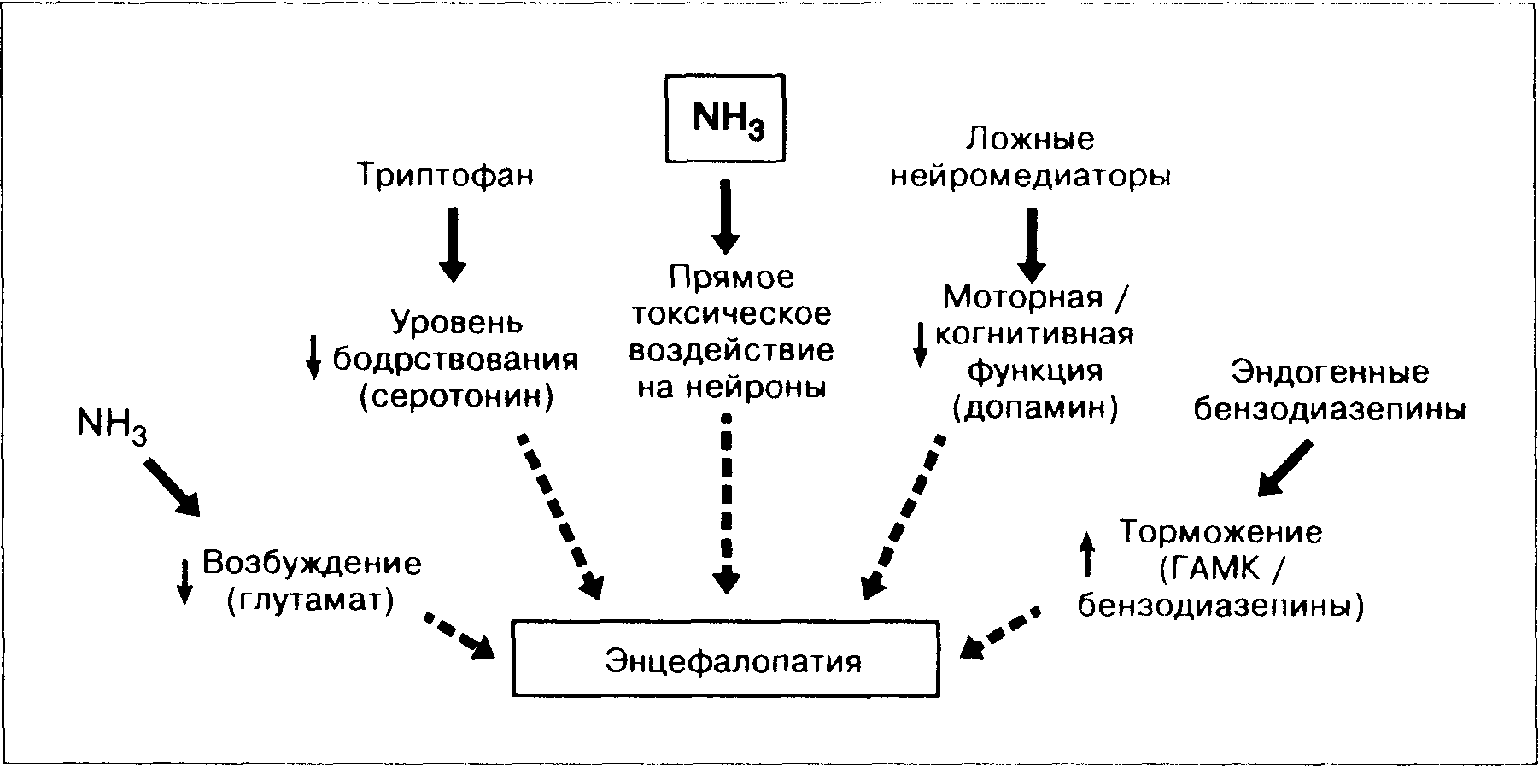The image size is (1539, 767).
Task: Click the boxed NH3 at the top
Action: click(x=725, y=120)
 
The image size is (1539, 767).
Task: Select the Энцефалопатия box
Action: click(x=725, y=659)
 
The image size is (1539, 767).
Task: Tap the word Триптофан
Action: click(x=445, y=176)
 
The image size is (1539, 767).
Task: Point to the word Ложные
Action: click(x=1031, y=139)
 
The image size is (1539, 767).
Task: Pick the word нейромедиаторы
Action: click(x=1031, y=177)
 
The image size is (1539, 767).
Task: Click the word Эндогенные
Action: click(x=1330, y=373)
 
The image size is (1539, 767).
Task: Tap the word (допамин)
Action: click(x=1035, y=409)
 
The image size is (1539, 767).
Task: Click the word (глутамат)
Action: click(x=312, y=600)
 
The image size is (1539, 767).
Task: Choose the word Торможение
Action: click(x=1221, y=532)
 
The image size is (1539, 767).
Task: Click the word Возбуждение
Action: click(x=312, y=564)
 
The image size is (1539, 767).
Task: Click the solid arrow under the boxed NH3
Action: click(x=726, y=215)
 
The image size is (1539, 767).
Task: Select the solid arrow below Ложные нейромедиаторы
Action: click(x=1031, y=244)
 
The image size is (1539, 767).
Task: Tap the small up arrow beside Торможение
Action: click(x=1087, y=553)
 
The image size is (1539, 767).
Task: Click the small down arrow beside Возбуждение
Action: click(x=184, y=583)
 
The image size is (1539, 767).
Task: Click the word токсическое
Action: click(x=730, y=314)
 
